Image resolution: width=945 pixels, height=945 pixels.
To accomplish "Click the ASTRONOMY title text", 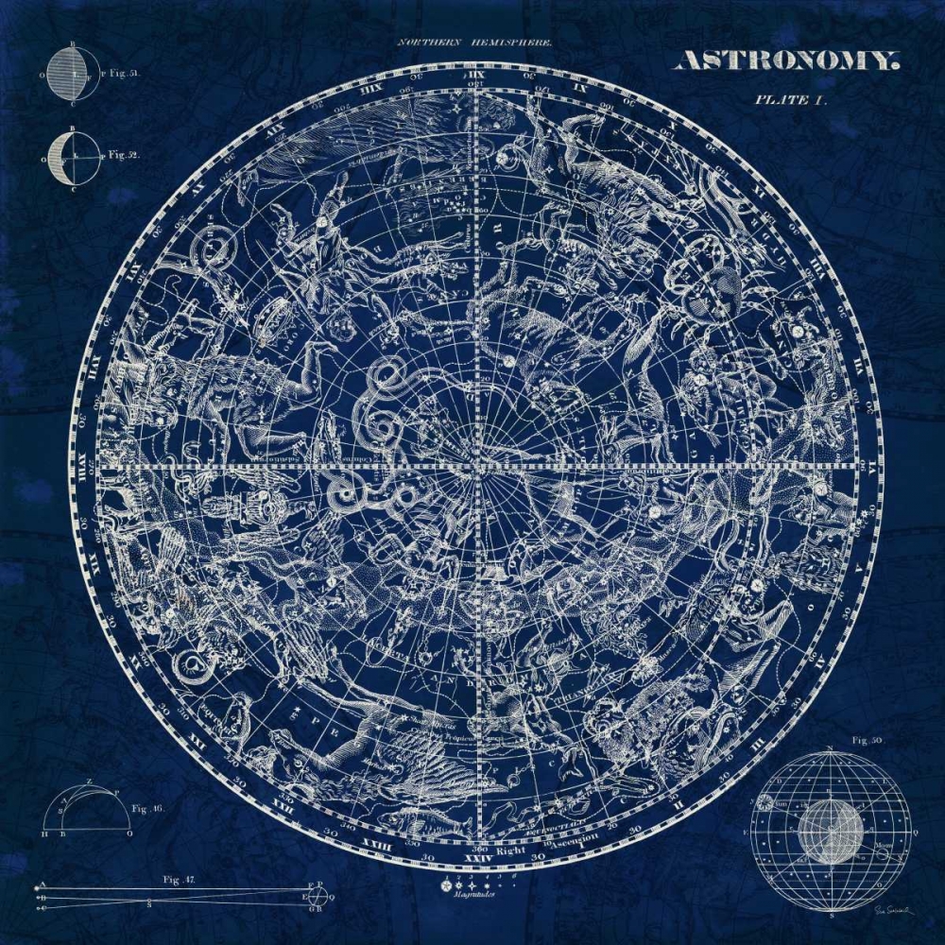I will [x=783, y=60].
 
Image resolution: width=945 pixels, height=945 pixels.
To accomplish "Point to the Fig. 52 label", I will [x=124, y=153].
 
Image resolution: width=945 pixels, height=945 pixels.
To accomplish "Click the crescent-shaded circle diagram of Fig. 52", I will [x=73, y=155].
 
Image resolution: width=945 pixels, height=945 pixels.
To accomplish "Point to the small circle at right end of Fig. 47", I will [x=318, y=897].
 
